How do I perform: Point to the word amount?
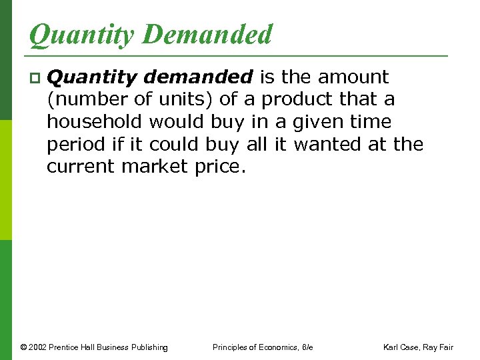(x=355, y=77)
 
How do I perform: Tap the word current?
(x=81, y=166)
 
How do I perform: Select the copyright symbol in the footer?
(x=23, y=347)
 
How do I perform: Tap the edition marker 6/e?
(x=307, y=347)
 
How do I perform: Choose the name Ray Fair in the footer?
(x=441, y=347)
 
